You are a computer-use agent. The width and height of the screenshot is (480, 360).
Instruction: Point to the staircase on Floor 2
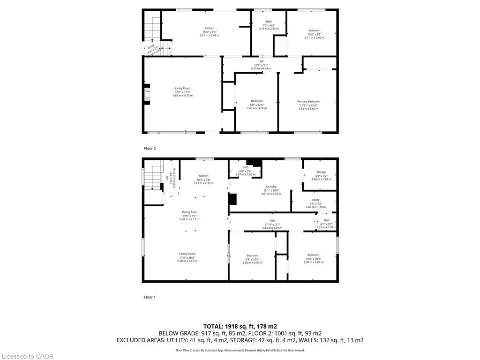pos(152,29)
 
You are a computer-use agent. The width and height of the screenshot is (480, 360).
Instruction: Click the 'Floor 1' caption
pos(150,297)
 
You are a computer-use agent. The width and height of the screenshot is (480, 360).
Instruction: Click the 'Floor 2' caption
pos(150,149)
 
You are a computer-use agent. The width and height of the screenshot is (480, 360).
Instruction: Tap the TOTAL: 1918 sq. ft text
pos(240,326)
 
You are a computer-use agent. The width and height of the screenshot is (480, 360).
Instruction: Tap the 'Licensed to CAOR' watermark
pos(27,356)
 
